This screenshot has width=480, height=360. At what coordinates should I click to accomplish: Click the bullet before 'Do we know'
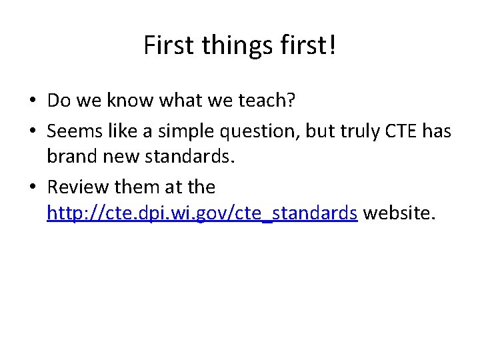click(32, 101)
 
